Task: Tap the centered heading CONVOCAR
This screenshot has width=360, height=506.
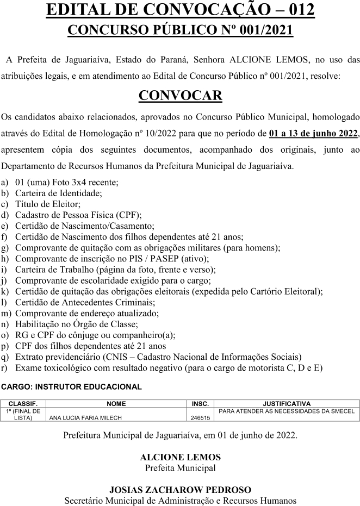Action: click(x=180, y=96)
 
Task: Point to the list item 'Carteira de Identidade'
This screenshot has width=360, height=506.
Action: click(x=59, y=192)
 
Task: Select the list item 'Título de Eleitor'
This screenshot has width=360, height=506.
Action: click(x=48, y=204)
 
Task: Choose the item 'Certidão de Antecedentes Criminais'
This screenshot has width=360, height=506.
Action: click(x=85, y=302)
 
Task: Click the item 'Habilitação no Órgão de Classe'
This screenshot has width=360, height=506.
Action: click(x=76, y=324)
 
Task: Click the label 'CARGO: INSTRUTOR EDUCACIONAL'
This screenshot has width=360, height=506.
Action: click(x=72, y=387)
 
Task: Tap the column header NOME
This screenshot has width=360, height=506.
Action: click(x=116, y=404)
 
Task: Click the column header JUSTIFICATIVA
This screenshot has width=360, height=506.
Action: click(x=287, y=404)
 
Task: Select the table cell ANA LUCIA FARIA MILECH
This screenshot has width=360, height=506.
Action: click(x=86, y=418)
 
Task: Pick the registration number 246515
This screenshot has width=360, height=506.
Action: click(x=201, y=418)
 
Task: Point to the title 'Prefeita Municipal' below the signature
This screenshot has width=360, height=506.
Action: click(x=180, y=468)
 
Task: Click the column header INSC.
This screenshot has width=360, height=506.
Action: click(x=201, y=404)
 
